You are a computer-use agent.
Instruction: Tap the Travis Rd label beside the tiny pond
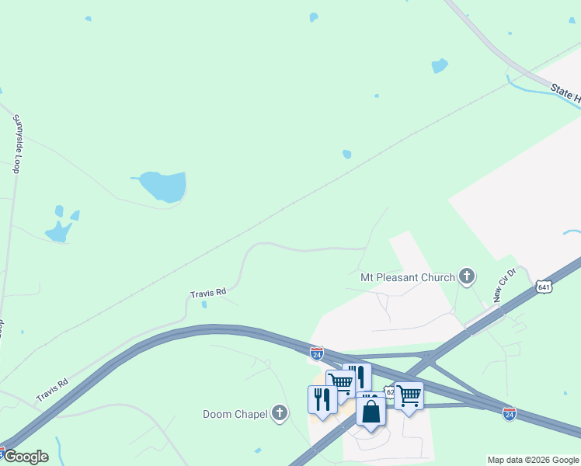coord(208,293)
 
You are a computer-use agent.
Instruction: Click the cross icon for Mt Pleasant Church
coord(466,275)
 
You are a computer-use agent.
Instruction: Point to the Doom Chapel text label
coord(235,414)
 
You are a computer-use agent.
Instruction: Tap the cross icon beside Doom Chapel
coord(280,414)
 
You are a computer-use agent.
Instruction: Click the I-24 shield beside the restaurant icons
coord(316,353)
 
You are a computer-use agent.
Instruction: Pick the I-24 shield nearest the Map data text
coord(509,413)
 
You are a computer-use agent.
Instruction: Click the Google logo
coord(25,457)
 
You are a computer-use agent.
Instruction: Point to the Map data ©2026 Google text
coord(533,460)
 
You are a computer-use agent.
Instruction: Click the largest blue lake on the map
coord(164,186)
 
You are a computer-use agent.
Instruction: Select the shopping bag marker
coord(371,411)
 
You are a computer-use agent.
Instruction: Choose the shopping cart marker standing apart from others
coord(409,395)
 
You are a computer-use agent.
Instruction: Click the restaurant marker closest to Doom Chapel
coord(322,399)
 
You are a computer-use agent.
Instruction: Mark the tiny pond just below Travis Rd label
coord(204,304)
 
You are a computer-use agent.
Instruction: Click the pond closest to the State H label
coord(440,66)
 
